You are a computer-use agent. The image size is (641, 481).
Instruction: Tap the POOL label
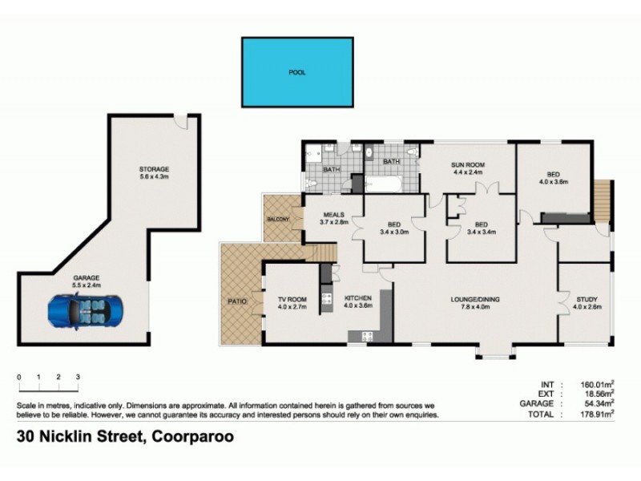pos(297,72)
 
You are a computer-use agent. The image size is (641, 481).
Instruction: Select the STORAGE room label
pos(153,169)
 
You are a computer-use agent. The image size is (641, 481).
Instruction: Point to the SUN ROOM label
pos(469,165)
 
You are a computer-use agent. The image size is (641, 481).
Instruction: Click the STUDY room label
pos(587,300)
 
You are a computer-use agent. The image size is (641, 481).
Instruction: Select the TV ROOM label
pos(292,300)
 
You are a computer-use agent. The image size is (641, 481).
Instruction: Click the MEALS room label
pos(333,214)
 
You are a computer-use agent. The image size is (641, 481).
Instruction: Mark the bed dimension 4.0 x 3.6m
pos(552,182)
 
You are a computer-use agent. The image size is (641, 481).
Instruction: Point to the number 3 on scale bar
pos(78,376)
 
